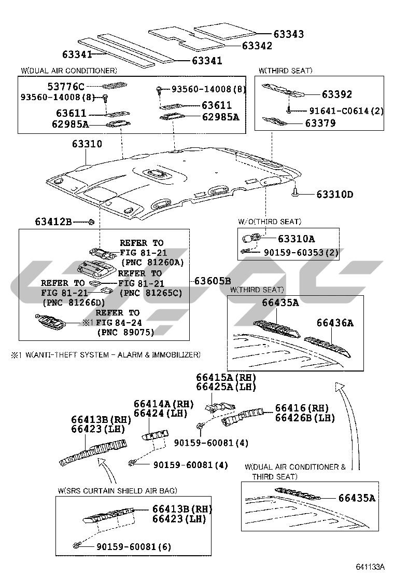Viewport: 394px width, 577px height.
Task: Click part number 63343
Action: (289, 34)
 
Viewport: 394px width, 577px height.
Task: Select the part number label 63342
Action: (257, 46)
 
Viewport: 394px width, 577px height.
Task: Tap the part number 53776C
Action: (66, 87)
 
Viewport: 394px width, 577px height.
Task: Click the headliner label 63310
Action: (87, 144)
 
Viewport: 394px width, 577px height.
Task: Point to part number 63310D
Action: (335, 194)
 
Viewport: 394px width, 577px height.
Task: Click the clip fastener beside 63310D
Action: (295, 193)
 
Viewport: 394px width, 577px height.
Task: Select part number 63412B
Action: (53, 222)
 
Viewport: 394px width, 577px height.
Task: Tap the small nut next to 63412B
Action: (92, 222)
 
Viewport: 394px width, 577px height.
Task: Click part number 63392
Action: (336, 94)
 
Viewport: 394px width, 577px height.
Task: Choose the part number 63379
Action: (320, 123)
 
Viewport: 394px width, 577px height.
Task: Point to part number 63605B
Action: (213, 281)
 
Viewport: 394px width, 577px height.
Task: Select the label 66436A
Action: (335, 323)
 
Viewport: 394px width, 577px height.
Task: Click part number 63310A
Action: (296, 239)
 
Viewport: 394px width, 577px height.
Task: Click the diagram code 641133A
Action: (370, 566)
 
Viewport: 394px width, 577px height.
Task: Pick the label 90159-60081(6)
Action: (134, 547)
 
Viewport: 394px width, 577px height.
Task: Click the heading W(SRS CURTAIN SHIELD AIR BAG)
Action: (117, 490)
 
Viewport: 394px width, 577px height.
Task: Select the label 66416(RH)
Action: (302, 408)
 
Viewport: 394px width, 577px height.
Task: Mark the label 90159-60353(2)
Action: (301, 252)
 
